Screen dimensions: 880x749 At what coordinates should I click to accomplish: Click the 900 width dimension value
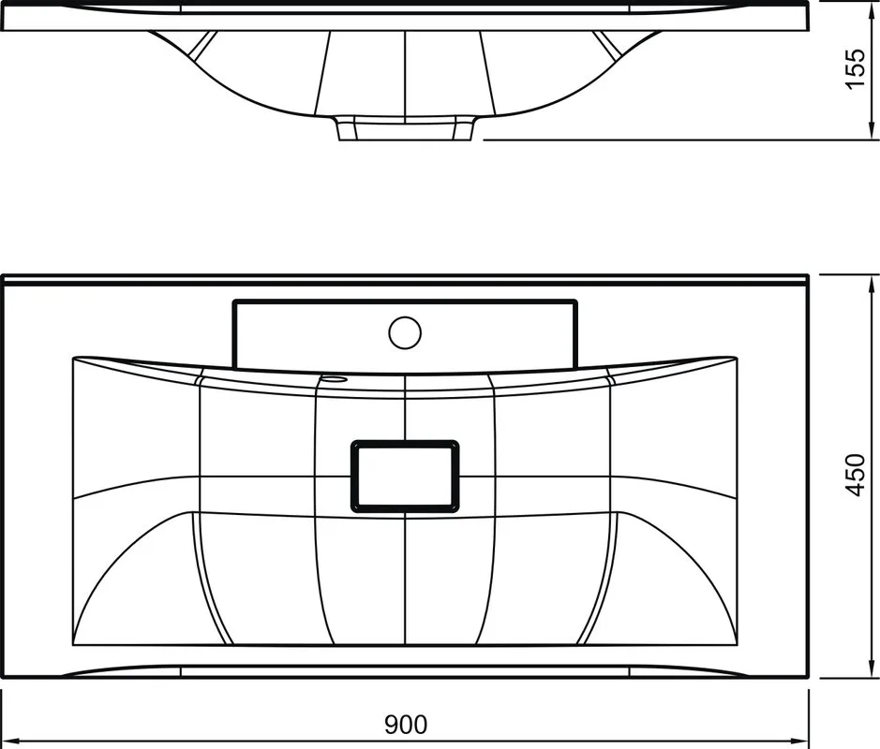(405, 725)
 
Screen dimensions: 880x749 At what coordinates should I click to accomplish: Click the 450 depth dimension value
(856, 475)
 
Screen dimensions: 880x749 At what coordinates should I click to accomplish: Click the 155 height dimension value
(856, 68)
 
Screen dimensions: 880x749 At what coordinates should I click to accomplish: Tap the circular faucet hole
(405, 332)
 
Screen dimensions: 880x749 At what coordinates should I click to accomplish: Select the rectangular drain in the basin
(405, 477)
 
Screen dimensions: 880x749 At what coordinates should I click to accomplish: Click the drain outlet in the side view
(405, 128)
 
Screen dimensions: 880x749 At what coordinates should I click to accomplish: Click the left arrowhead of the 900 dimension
(11, 740)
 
